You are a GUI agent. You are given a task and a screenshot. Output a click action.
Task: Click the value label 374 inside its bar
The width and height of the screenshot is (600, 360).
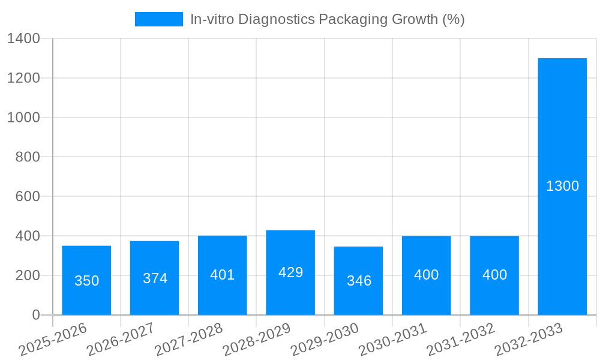[x=155, y=278]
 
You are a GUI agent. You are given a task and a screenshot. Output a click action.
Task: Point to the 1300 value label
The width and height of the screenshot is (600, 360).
[x=562, y=186]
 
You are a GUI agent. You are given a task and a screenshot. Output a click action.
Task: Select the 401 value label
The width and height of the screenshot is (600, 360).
[x=223, y=275]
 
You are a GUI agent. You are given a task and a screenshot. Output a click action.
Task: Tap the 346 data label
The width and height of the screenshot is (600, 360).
[x=359, y=281]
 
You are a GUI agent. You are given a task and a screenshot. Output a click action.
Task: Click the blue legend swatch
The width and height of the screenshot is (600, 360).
[x=158, y=19]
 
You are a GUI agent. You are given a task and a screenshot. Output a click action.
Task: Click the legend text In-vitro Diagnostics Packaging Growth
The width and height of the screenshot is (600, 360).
[x=327, y=19]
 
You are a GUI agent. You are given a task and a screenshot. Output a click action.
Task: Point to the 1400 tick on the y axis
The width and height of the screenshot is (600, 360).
[x=23, y=39]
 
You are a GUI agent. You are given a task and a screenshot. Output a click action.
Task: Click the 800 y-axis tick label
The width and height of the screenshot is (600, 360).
[x=28, y=157]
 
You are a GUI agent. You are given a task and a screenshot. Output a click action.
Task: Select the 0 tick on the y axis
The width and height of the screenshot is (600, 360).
[x=36, y=315]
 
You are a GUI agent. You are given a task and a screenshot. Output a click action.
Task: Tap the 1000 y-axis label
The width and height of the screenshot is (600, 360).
[x=23, y=118]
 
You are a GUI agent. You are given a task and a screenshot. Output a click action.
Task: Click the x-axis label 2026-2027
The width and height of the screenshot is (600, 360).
[x=121, y=340]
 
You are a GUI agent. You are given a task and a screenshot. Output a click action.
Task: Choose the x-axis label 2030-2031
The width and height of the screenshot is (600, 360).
[x=392, y=340]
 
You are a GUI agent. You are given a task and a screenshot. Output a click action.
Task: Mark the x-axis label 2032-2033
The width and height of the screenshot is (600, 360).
[x=529, y=340]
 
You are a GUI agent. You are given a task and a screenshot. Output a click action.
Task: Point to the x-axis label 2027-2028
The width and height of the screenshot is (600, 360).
[x=188, y=340]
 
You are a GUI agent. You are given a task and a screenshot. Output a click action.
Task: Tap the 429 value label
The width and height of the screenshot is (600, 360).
[x=290, y=272]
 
